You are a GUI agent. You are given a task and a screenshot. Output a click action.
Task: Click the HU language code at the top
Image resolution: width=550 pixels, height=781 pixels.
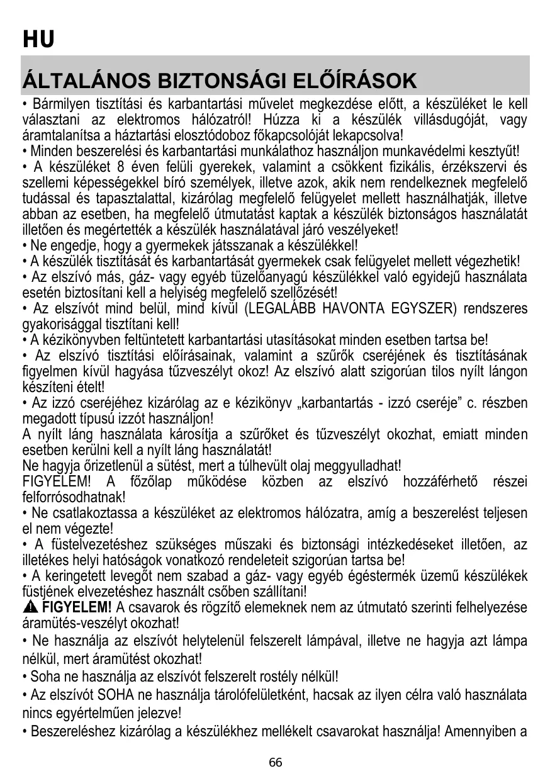coord(38,39)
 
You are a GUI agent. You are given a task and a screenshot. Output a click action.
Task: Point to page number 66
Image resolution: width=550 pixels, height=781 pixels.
coord(275,763)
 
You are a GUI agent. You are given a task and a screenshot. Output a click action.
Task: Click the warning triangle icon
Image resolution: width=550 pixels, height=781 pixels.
coord(30,607)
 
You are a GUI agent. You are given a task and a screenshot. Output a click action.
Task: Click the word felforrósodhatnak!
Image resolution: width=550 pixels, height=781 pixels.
coord(70,497)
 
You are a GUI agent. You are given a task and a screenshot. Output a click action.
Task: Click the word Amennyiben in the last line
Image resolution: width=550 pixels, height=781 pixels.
coord(486,731)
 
